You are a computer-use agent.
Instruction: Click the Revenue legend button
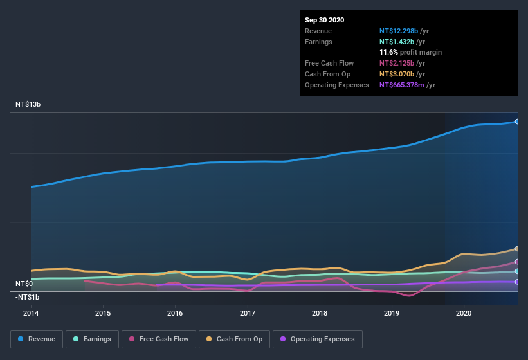(37, 339)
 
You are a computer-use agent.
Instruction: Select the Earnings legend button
(91, 339)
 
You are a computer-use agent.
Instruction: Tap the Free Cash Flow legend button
(158, 339)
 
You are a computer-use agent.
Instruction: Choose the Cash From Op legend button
(234, 339)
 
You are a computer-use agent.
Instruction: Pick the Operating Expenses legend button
(317, 339)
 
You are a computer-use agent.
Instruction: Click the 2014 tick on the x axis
(31, 314)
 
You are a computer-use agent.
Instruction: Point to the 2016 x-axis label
(175, 314)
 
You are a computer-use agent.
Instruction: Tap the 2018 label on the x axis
(320, 314)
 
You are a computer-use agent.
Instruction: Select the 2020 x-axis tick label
(464, 314)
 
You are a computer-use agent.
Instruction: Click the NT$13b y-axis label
(28, 104)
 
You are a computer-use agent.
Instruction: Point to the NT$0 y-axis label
(24, 283)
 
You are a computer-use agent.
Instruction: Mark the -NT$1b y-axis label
(28, 297)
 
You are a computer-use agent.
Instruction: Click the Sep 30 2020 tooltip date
(324, 20)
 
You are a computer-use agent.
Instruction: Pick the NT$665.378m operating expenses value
(407, 85)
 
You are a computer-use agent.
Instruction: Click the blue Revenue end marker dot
(516, 122)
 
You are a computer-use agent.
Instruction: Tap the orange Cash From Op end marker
(516, 249)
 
